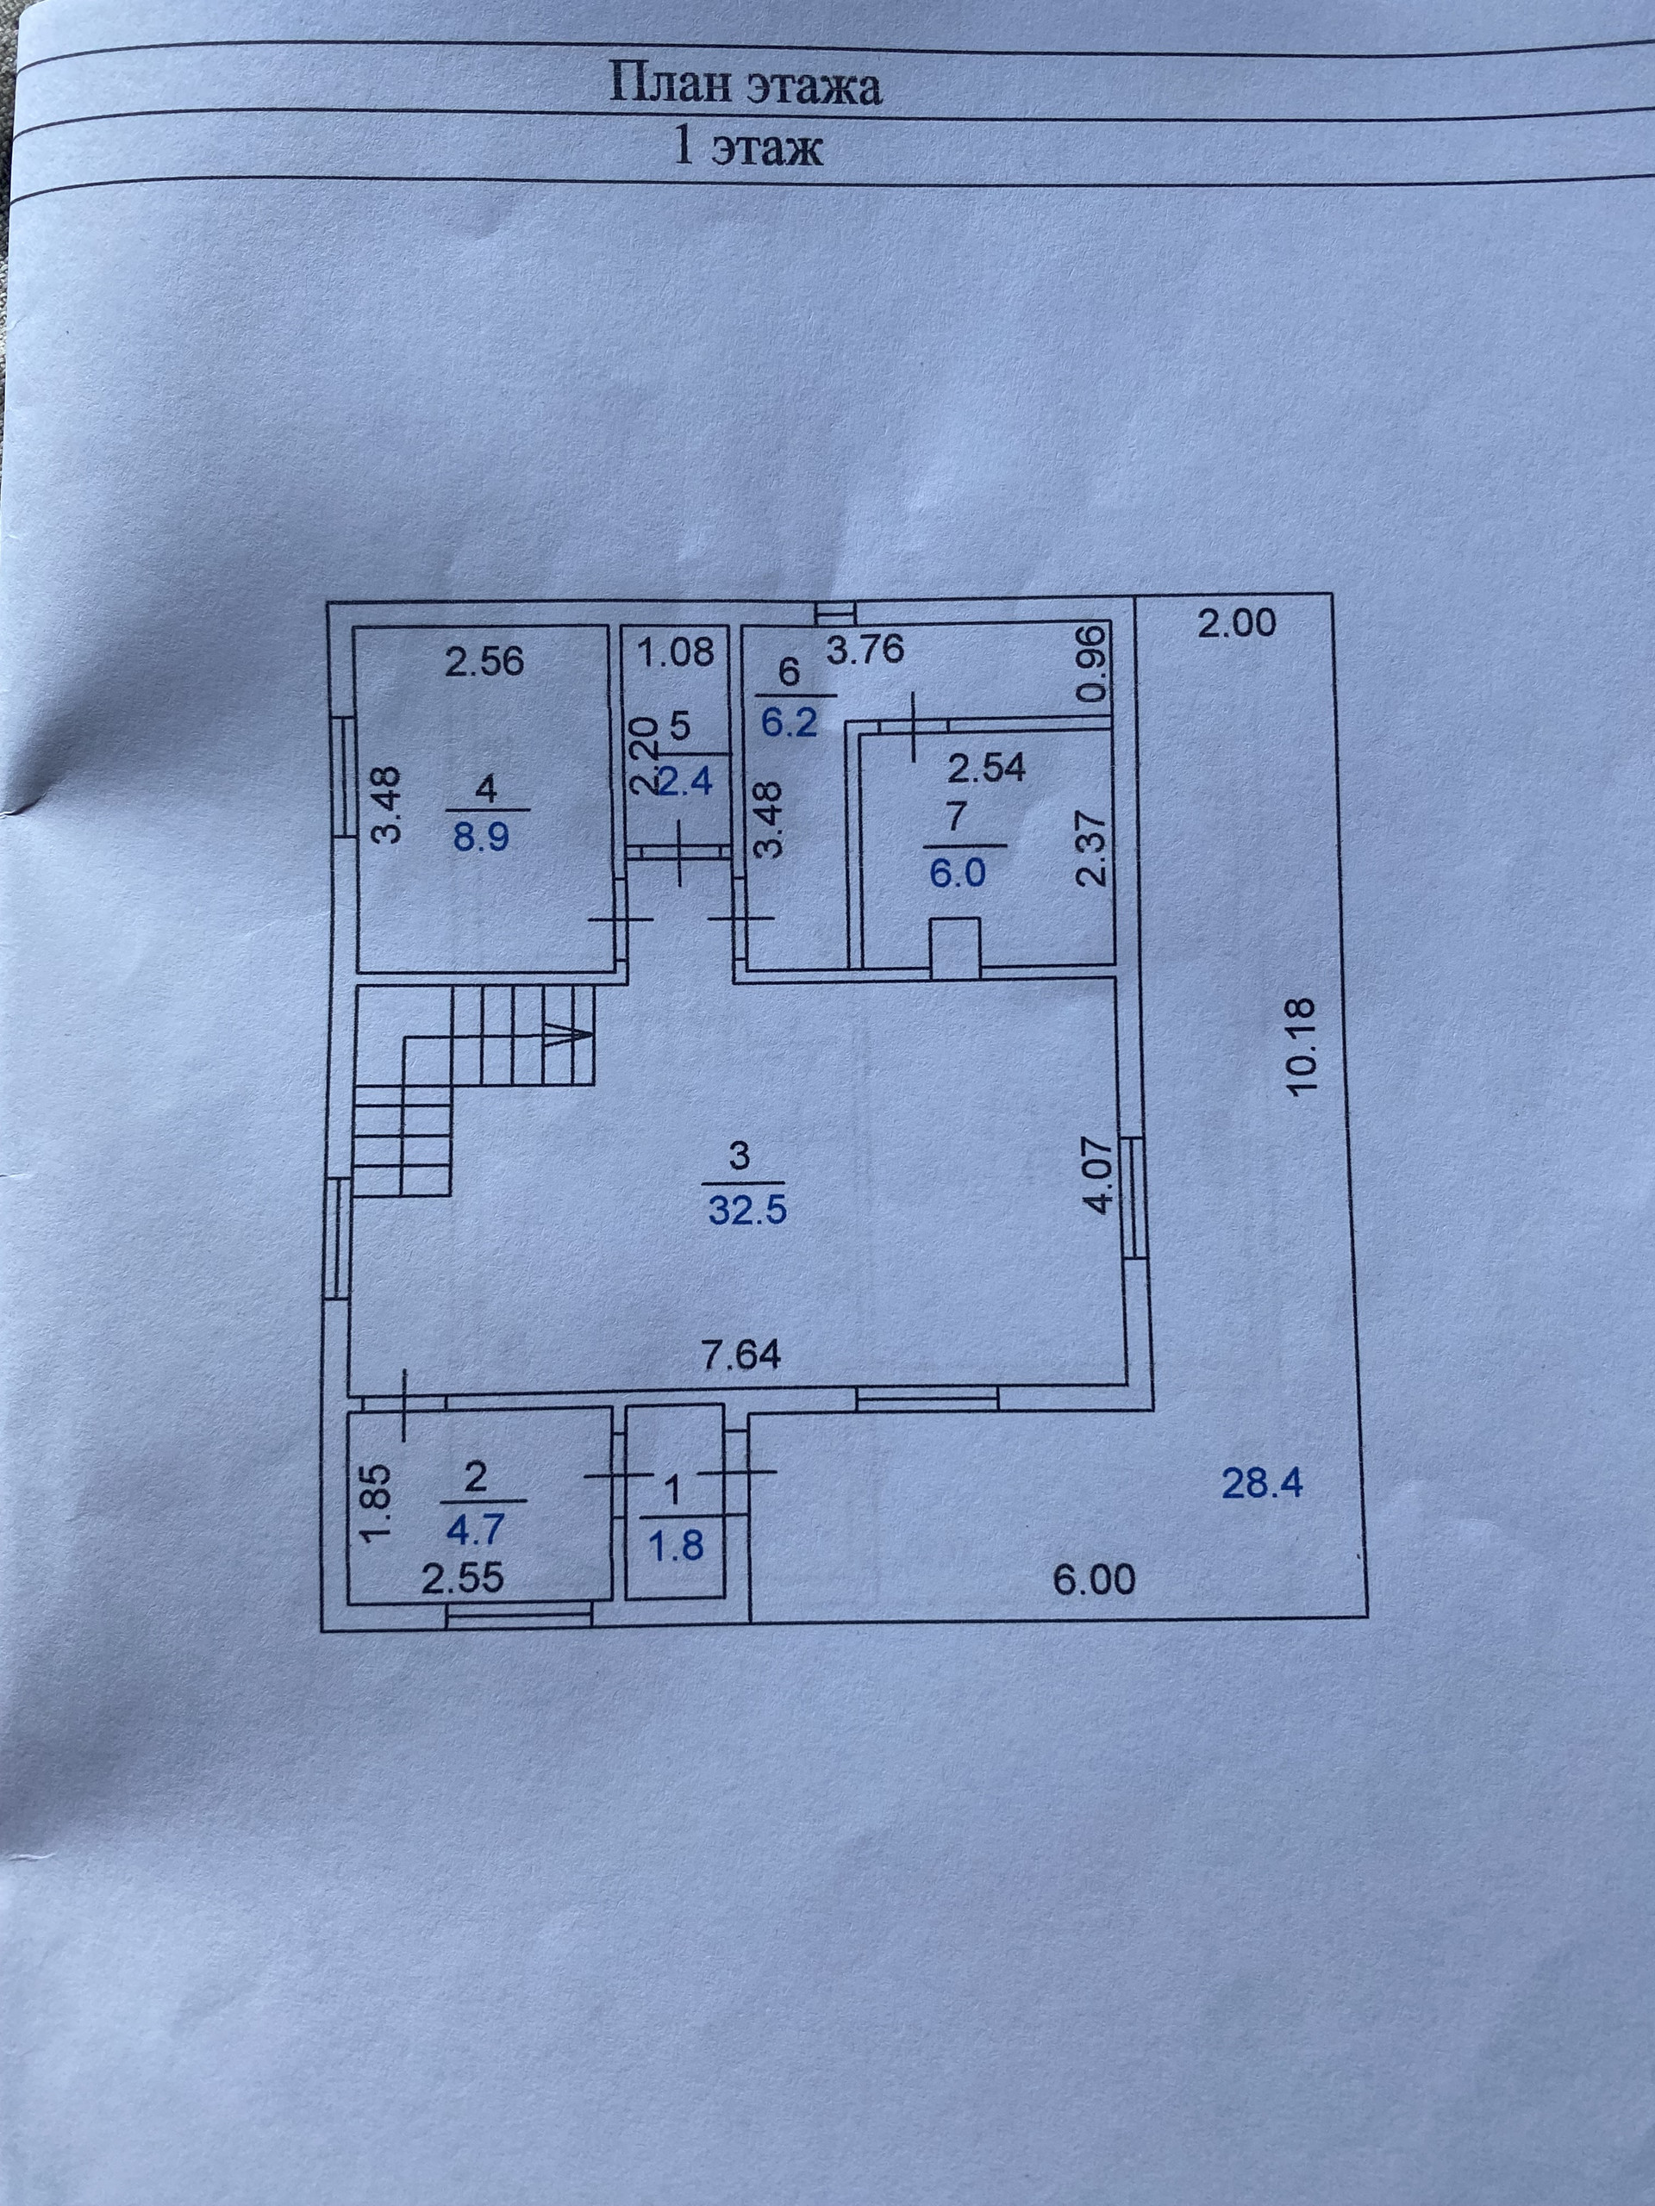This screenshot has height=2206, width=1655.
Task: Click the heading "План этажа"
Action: (x=746, y=87)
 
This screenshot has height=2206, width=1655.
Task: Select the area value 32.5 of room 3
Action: (x=747, y=1211)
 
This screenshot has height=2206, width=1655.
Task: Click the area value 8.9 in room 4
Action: (x=482, y=836)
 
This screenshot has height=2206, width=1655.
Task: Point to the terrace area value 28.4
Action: (x=1262, y=1484)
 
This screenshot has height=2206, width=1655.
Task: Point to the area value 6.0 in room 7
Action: (x=957, y=873)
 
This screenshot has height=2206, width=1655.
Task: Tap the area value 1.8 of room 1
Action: (x=677, y=1546)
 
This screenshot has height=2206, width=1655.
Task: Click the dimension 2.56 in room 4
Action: (x=484, y=661)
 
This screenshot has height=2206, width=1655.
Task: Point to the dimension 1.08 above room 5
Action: (x=677, y=652)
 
